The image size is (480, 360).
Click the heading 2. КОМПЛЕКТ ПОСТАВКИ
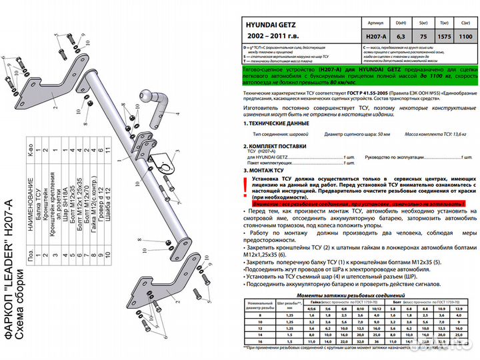278,145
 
